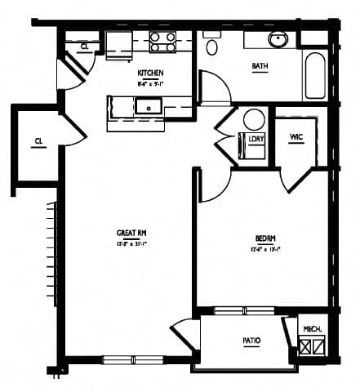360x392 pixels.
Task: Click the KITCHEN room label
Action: [150, 73]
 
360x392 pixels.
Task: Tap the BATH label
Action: [260, 66]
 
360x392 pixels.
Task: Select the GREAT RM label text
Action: [131, 233]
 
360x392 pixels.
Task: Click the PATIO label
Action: [251, 341]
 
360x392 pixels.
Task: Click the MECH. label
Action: [311, 328]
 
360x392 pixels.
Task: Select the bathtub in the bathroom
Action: [315, 76]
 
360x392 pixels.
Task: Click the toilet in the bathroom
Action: [212, 45]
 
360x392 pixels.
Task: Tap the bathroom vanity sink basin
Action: [278, 38]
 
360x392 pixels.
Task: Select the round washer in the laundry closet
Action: [254, 119]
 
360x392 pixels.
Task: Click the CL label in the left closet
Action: [38, 142]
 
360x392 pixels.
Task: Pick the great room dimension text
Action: [131, 243]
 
